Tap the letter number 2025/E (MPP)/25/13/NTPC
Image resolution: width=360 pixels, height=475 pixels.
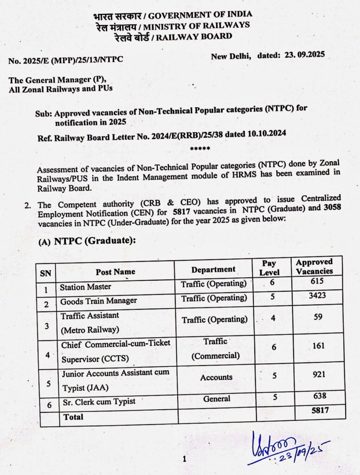(66, 60)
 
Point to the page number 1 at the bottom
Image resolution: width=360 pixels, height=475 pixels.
(184, 459)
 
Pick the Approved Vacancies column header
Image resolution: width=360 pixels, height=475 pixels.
(314, 266)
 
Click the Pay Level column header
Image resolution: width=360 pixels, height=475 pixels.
(269, 268)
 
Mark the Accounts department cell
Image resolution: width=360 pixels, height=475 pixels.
(216, 378)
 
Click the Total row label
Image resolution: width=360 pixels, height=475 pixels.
(73, 417)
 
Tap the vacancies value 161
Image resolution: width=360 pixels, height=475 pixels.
(318, 346)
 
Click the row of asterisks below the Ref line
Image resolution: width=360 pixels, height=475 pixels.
(200, 148)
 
